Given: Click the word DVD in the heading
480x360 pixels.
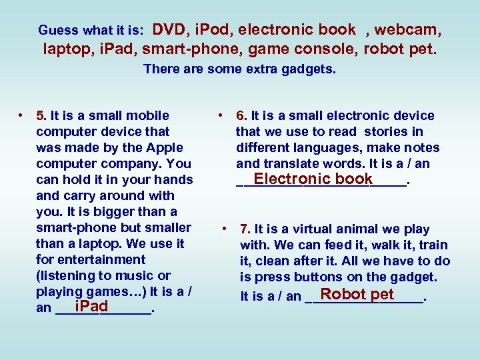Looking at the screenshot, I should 169,29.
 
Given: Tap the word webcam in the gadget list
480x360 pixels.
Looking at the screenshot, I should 407,30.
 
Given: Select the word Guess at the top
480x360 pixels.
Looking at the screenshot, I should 54,30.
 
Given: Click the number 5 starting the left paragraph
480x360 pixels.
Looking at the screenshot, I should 40,115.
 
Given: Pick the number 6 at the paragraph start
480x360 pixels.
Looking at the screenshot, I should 240,115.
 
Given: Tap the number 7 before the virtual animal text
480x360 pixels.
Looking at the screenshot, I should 245,229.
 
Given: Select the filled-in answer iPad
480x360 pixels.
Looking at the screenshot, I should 91,307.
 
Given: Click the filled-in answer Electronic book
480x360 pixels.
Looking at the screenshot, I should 313,179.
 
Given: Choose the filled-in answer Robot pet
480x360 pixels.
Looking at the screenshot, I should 357,294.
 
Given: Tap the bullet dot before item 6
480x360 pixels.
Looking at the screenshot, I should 221,115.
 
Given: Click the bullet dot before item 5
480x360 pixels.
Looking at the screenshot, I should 22,115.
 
